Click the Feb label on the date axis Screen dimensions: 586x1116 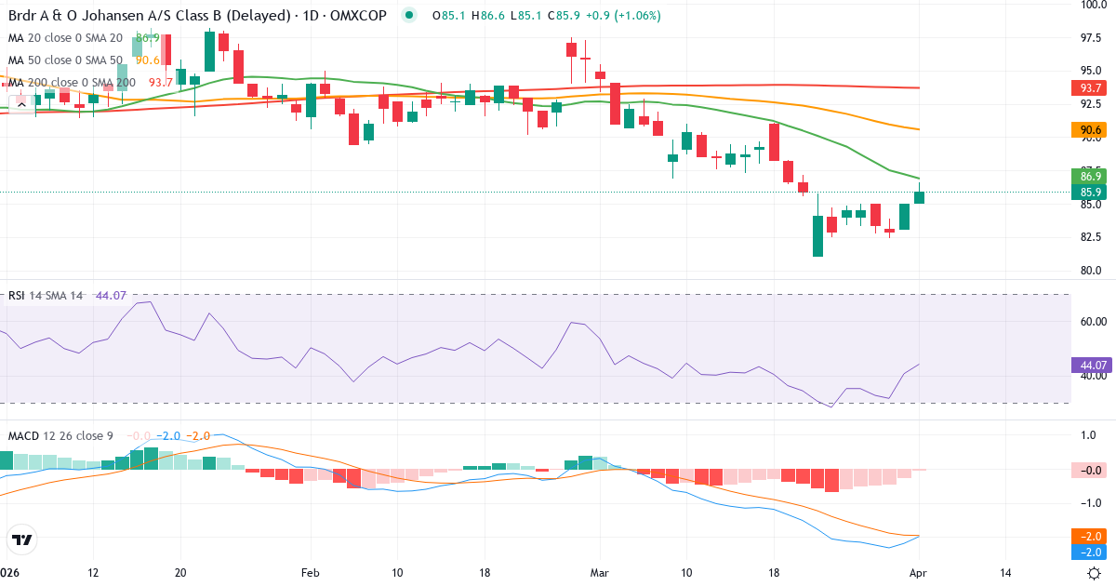(x=311, y=574)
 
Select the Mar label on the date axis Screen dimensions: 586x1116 (x=599, y=574)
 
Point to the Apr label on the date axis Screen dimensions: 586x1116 (x=920, y=574)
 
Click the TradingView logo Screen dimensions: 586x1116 (x=22, y=539)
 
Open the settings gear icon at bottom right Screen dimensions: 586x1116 (x=1095, y=573)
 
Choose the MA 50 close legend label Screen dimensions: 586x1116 (x=65, y=60)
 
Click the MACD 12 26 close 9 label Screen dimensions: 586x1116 (x=61, y=435)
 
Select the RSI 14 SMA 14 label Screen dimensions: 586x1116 (x=46, y=295)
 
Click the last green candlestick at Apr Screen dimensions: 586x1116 (x=920, y=197)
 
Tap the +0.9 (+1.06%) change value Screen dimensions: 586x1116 (x=621, y=16)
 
